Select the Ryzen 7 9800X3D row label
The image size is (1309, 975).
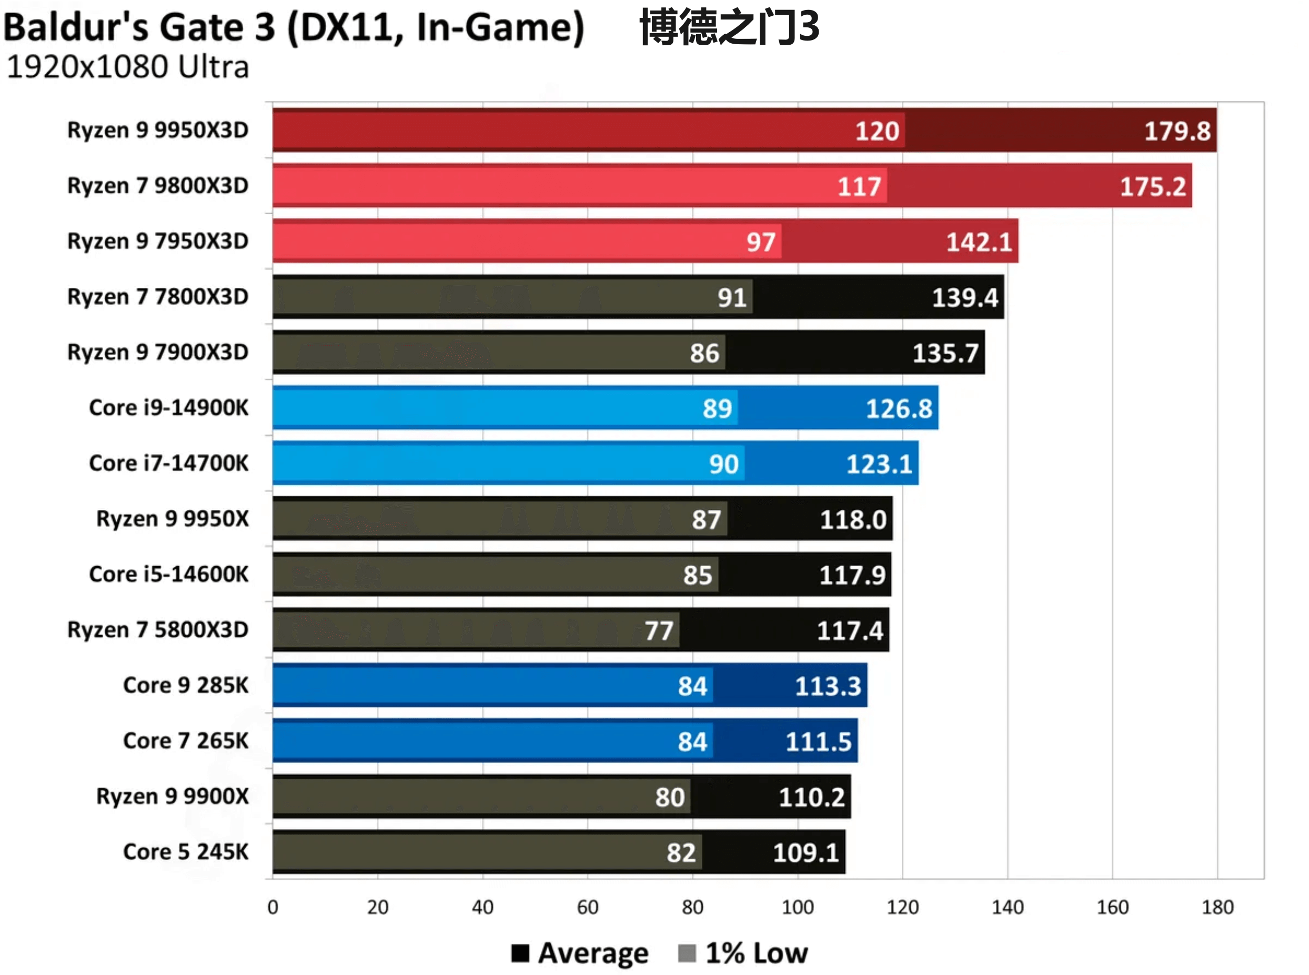[158, 186]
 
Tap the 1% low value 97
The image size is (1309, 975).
[760, 242]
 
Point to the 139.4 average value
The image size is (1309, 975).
[964, 297]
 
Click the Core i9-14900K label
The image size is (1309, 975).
[168, 408]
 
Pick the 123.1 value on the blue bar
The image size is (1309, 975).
[879, 464]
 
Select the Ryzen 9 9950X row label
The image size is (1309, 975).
[173, 519]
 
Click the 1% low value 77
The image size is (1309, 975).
[658, 630]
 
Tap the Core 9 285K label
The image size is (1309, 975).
[185, 685]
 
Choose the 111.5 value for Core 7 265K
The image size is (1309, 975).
[818, 741]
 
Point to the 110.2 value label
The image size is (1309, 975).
[811, 797]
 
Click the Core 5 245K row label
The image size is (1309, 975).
[185, 852]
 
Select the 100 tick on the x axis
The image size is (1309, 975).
[797, 907]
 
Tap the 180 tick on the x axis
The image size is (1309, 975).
[1217, 907]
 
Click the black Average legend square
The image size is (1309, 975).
[520, 953]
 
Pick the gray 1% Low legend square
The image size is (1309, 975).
[687, 953]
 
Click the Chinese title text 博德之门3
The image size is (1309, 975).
[729, 27]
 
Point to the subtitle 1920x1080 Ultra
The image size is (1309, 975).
[127, 67]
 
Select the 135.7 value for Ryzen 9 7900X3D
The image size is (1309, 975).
[945, 353]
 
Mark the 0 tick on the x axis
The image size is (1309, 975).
[273, 907]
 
